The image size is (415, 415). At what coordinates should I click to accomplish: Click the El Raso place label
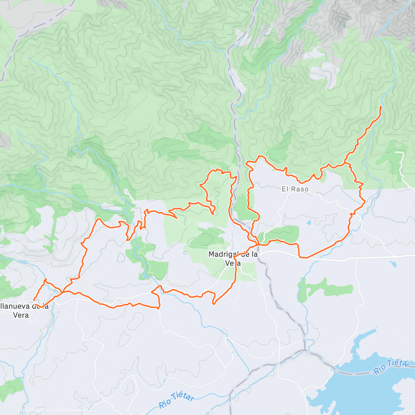(295, 189)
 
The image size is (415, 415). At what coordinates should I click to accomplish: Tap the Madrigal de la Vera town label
(233, 258)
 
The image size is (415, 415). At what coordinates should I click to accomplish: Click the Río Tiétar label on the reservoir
(391, 367)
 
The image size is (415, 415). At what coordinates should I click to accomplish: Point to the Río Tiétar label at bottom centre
(176, 400)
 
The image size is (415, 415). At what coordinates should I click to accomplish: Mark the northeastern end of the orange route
(381, 107)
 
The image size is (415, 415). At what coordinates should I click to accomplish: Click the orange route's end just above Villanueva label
(34, 300)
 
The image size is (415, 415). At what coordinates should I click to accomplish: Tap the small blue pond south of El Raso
(308, 223)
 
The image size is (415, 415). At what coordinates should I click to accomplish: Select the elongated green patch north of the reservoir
(325, 289)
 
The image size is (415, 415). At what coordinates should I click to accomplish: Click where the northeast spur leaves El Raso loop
(345, 163)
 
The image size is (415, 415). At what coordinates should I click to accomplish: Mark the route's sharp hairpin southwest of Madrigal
(214, 304)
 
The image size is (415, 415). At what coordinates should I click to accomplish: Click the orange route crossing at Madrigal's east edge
(258, 245)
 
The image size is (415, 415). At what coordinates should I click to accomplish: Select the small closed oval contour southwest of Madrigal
(121, 257)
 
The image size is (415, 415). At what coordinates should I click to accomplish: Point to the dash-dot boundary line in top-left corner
(41, 21)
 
